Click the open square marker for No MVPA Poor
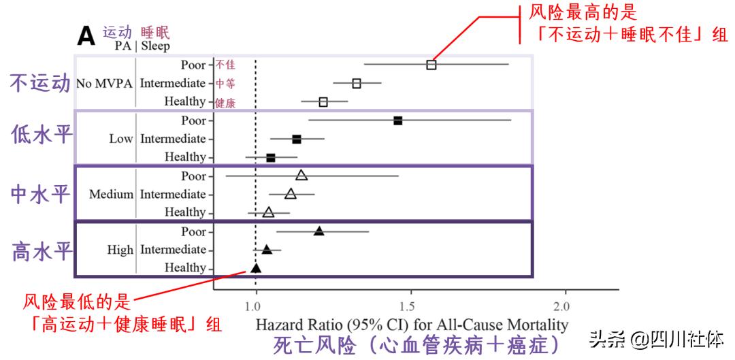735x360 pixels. (431, 65)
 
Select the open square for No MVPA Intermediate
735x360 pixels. (357, 84)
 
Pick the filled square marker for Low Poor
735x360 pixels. (398, 120)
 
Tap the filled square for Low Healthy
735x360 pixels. (271, 157)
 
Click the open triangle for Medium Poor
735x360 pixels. (301, 176)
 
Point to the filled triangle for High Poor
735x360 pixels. (318, 231)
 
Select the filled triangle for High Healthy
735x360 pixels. (256, 268)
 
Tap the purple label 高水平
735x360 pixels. (42, 251)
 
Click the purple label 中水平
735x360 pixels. (42, 194)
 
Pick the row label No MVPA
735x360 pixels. (103, 84)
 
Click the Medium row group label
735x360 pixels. (111, 195)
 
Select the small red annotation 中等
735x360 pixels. (225, 84)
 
